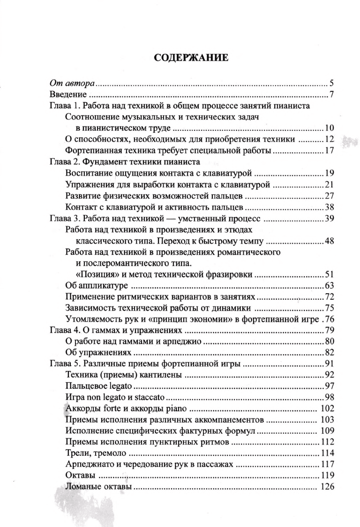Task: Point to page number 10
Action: point(328,128)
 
